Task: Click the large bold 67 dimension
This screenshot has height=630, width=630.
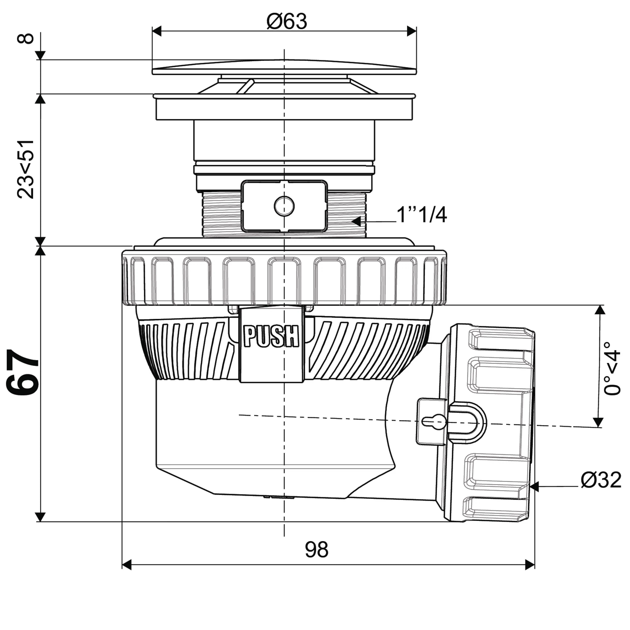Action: [x=23, y=372]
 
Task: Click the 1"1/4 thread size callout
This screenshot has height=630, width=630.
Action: [x=421, y=215]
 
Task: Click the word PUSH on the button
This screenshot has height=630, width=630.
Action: [x=271, y=336]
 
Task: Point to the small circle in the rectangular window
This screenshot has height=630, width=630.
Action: [x=284, y=206]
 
